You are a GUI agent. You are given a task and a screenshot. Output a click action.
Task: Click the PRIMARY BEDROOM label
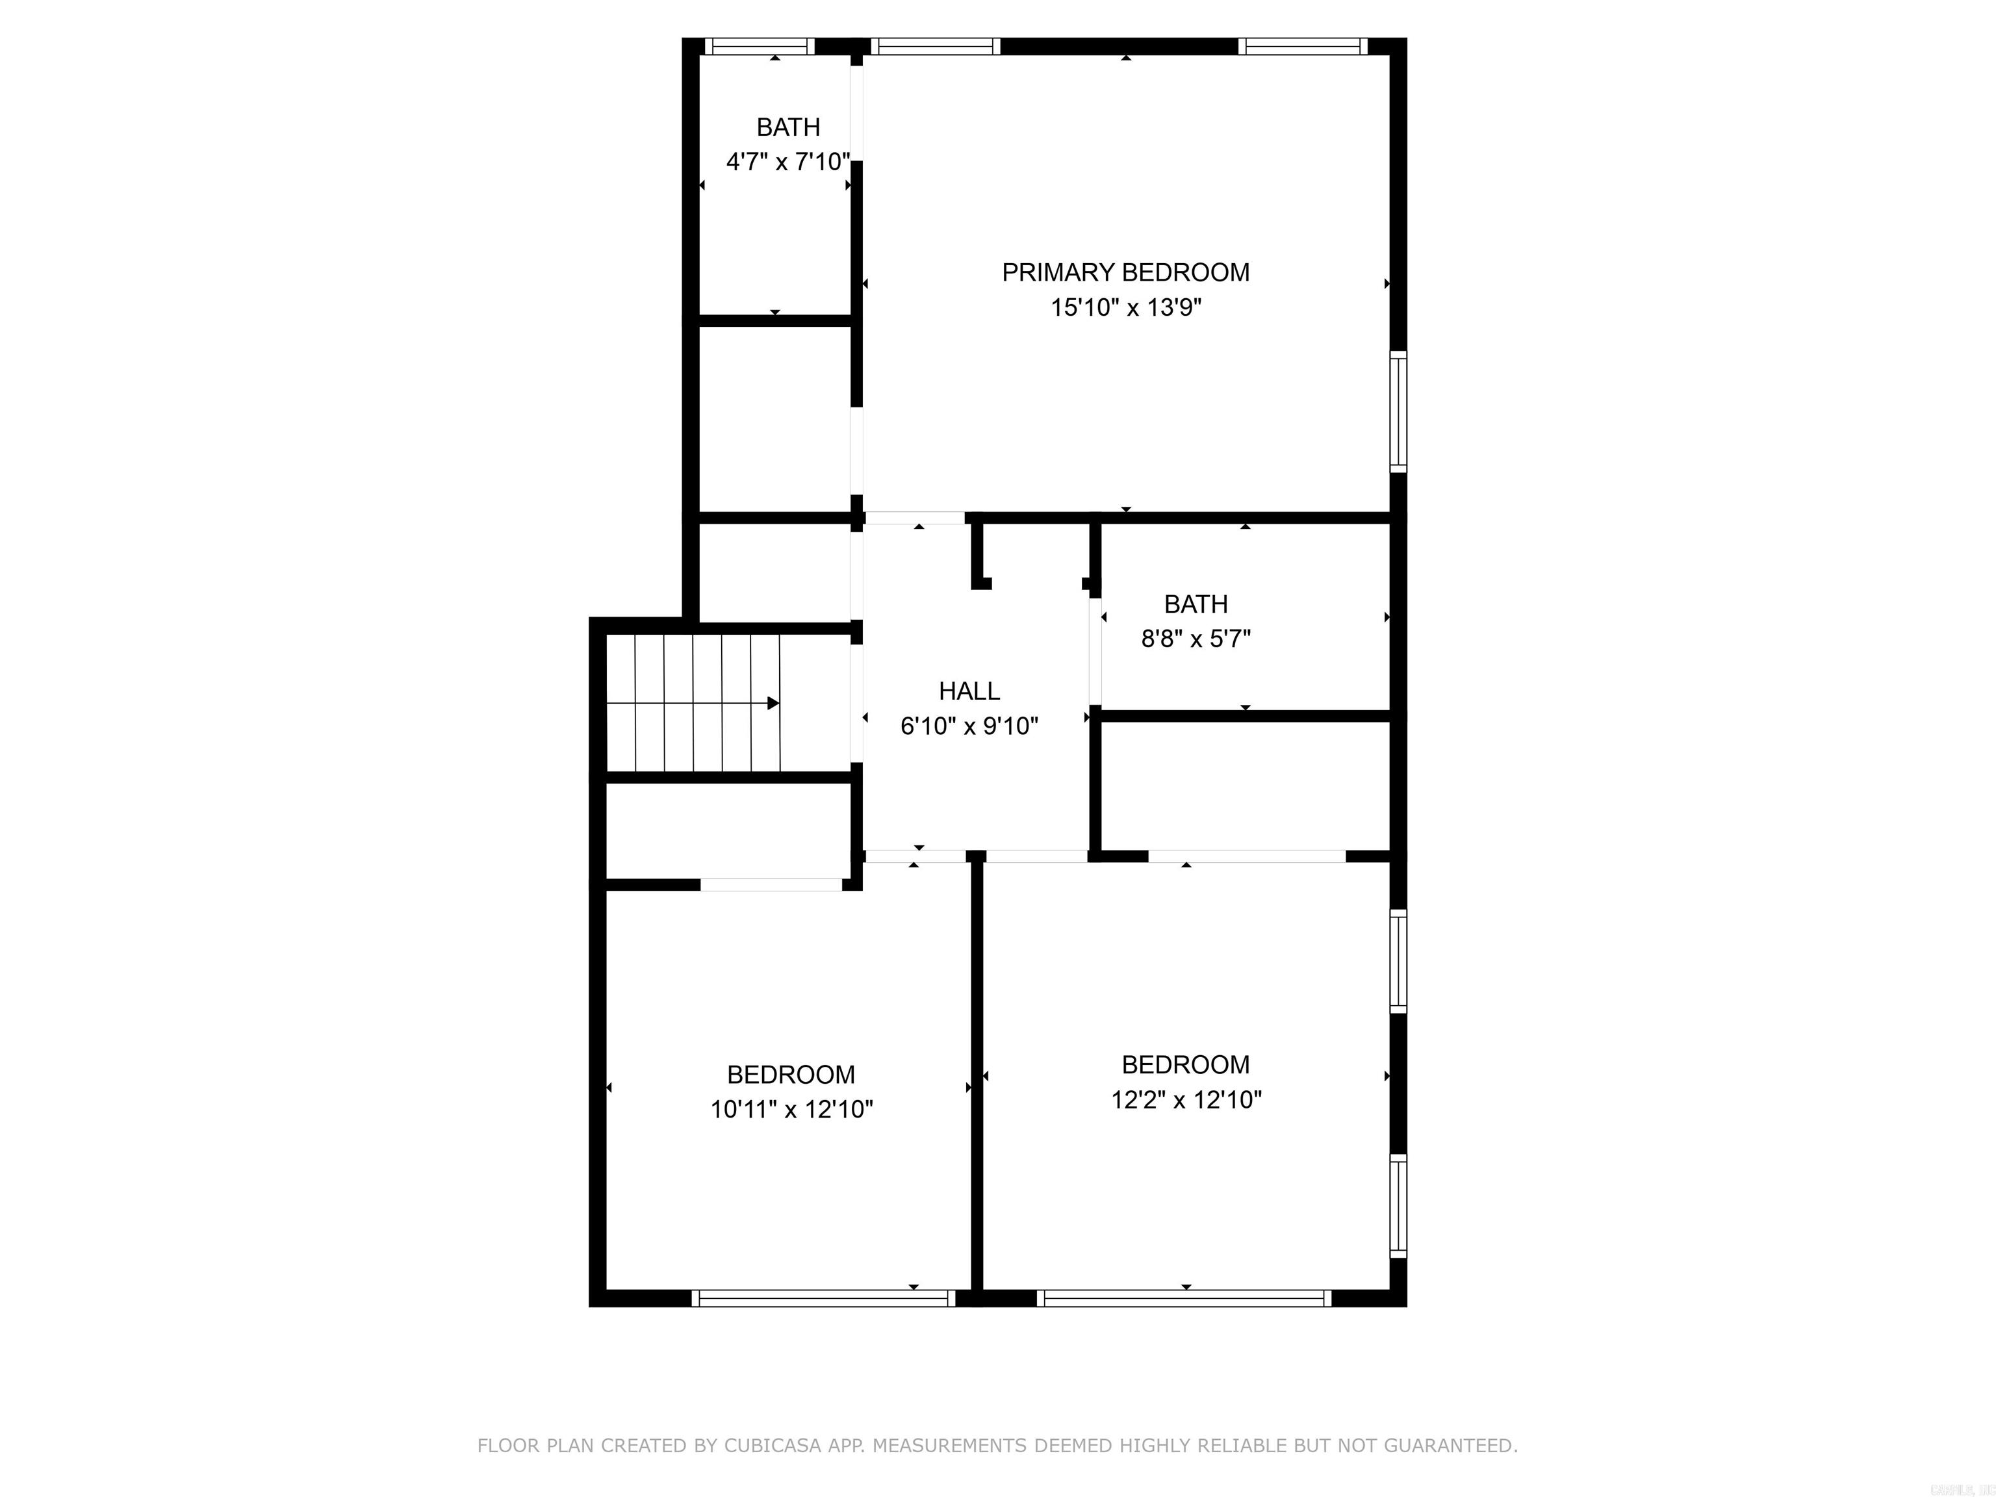tap(1125, 272)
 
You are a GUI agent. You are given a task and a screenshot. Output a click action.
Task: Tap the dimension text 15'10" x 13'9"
tap(1125, 308)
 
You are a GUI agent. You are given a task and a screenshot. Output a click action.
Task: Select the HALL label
tap(969, 691)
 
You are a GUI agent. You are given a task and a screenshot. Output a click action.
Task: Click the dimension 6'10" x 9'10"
tap(969, 726)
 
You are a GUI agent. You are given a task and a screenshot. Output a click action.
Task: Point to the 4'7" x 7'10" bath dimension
tap(787, 162)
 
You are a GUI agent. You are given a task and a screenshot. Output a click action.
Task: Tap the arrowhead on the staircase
tap(773, 703)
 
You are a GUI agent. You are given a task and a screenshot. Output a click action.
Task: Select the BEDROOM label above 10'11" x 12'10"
tap(791, 1075)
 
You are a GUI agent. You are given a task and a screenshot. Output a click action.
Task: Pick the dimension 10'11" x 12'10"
tap(791, 1110)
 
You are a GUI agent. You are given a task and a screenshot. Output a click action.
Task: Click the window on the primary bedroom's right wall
tap(1398, 411)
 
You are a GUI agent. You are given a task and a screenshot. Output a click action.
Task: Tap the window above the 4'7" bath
tap(759, 47)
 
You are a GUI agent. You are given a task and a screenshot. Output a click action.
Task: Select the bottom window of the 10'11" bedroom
tap(823, 1298)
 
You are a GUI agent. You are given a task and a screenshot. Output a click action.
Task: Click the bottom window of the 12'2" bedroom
tap(1184, 1298)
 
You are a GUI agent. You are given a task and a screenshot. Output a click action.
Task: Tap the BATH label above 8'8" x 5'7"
tap(1196, 604)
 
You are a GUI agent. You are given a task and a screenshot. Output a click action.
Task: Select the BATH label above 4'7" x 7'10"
tap(787, 127)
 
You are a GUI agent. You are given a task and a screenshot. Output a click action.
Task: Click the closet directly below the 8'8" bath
tap(1246, 785)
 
